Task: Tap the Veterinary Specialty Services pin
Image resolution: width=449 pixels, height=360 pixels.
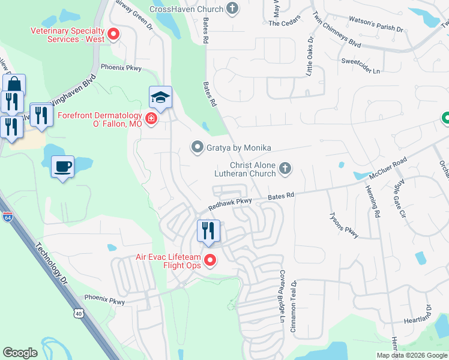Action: (x=112, y=34)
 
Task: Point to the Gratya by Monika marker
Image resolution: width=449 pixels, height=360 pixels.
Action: (x=196, y=147)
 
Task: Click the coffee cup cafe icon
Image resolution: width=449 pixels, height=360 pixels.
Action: (x=62, y=167)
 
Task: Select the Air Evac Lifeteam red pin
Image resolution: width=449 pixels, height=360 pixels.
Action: (x=210, y=260)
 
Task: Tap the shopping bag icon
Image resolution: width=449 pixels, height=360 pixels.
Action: (x=14, y=85)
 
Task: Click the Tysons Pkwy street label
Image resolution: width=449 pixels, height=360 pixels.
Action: (x=343, y=225)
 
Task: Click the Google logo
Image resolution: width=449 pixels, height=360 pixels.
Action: (x=20, y=353)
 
